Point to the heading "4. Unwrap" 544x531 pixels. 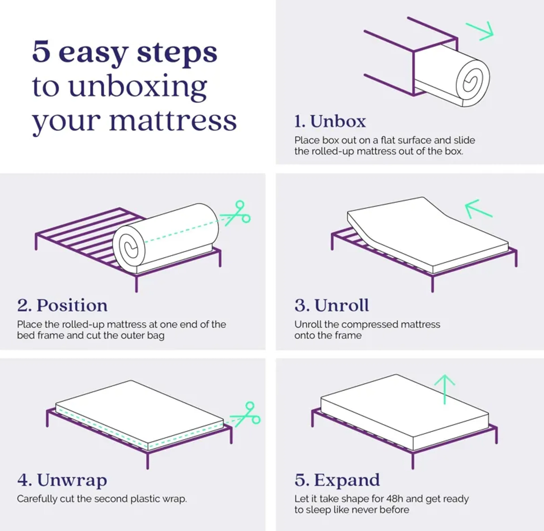point(62,480)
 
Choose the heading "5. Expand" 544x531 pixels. point(337,480)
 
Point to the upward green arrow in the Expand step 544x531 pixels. point(445,389)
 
